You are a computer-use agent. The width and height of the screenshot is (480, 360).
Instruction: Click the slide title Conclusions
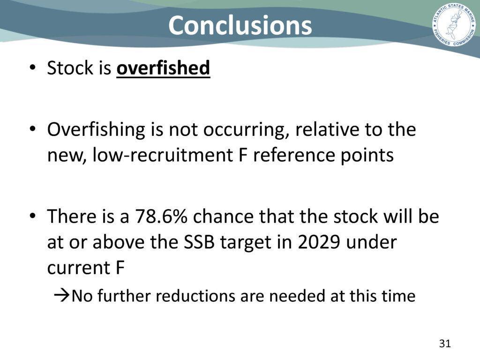(240, 25)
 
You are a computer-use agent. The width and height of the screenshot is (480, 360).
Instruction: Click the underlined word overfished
(163, 67)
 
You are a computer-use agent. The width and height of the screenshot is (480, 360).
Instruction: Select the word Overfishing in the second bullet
(96, 130)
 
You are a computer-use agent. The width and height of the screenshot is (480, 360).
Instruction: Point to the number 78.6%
(161, 216)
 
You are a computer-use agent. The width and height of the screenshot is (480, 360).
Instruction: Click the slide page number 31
(445, 344)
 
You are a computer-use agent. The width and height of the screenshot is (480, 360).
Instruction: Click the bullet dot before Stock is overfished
(33, 67)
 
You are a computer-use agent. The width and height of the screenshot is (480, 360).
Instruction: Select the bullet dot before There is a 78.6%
(33, 216)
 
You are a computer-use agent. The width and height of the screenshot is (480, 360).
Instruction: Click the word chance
(223, 216)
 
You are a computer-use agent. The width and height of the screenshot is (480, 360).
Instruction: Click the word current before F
(79, 268)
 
